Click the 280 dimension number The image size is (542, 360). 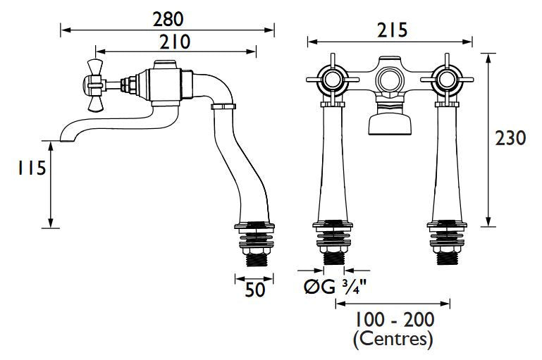[x=168, y=19]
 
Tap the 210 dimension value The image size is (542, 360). [x=175, y=42]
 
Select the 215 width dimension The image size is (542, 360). [x=393, y=30]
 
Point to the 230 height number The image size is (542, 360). [x=510, y=138]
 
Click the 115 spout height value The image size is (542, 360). [x=32, y=168]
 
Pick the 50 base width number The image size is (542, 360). [x=255, y=290]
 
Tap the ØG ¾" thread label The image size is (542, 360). [x=335, y=287]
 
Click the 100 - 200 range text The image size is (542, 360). [x=395, y=320]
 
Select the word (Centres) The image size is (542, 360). [x=393, y=340]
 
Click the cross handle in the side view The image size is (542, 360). [x=94, y=85]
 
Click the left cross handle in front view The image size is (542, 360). [x=332, y=80]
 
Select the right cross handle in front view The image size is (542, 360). [x=447, y=80]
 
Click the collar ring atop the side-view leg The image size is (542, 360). [x=223, y=106]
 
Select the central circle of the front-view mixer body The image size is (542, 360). [x=390, y=80]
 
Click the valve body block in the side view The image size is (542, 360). [x=166, y=84]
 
